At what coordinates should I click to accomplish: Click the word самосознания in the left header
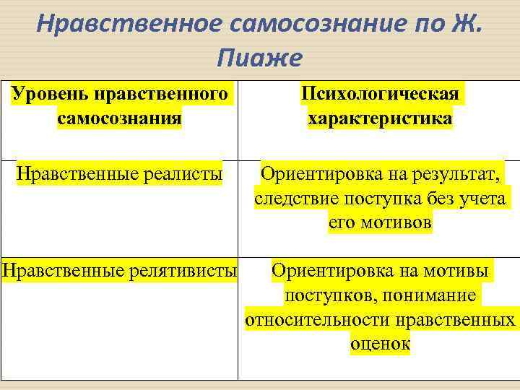pos(118,117)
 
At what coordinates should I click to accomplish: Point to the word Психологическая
pos(380,95)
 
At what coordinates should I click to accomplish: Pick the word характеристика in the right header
pos(380,118)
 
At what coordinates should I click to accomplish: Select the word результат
pos(451,174)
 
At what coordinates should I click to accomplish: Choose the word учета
pos(482,199)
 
